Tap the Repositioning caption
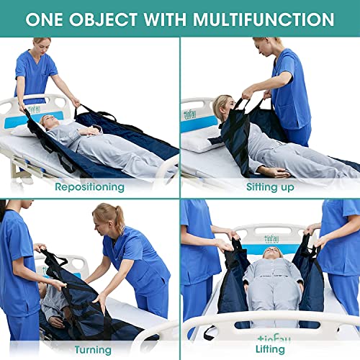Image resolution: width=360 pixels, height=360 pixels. (x=91, y=186)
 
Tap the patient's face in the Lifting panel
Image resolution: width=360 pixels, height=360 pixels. (x=271, y=253)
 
